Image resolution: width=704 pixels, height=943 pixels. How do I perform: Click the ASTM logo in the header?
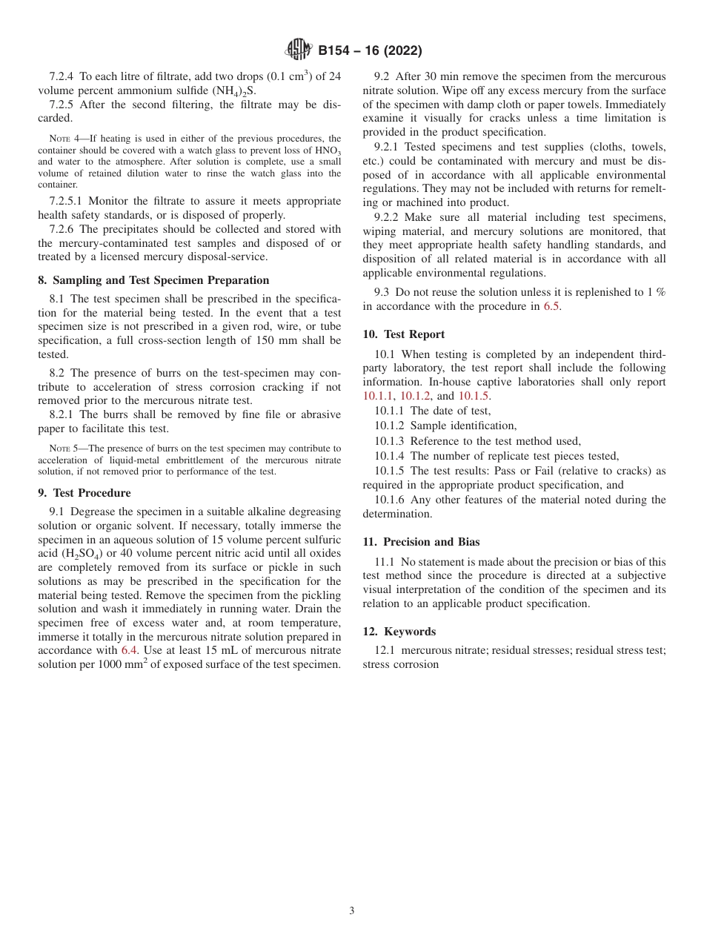coord(299,50)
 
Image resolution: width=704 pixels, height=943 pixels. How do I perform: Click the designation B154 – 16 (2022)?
coord(370,50)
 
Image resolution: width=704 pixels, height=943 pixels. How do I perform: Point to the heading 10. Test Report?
coord(404,334)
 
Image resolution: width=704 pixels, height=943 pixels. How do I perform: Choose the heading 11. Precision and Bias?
coord(421,542)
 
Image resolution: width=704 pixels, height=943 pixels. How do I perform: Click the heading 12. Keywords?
coord(399,632)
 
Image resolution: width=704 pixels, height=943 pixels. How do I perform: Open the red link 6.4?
coord(129,650)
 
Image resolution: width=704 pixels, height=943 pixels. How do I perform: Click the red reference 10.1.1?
coord(379,396)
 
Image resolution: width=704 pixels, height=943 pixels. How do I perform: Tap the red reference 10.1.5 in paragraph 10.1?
coord(474,396)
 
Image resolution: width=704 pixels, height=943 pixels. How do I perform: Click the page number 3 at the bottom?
coord(352,911)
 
